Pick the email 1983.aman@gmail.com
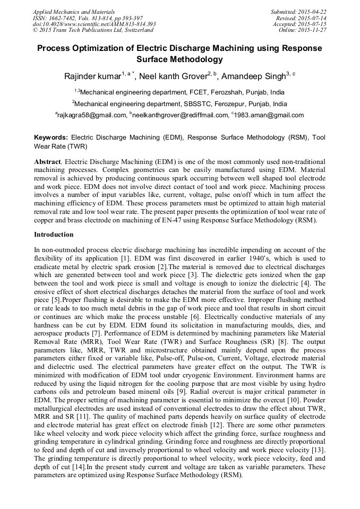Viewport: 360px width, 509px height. coord(269,115)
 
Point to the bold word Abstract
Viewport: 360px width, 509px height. coord(47,161)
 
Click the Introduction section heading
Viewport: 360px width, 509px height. coord(54,235)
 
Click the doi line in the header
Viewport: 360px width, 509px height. coord(94,24)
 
